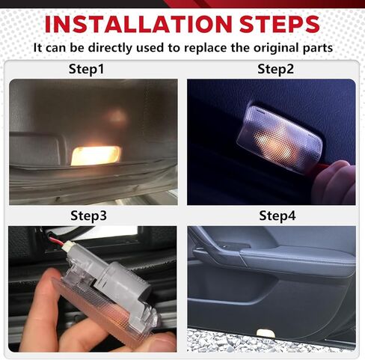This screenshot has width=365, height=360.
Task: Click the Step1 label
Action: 86,70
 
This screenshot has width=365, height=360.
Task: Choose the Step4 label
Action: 277,216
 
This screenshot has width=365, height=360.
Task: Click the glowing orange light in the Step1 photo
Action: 96,155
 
